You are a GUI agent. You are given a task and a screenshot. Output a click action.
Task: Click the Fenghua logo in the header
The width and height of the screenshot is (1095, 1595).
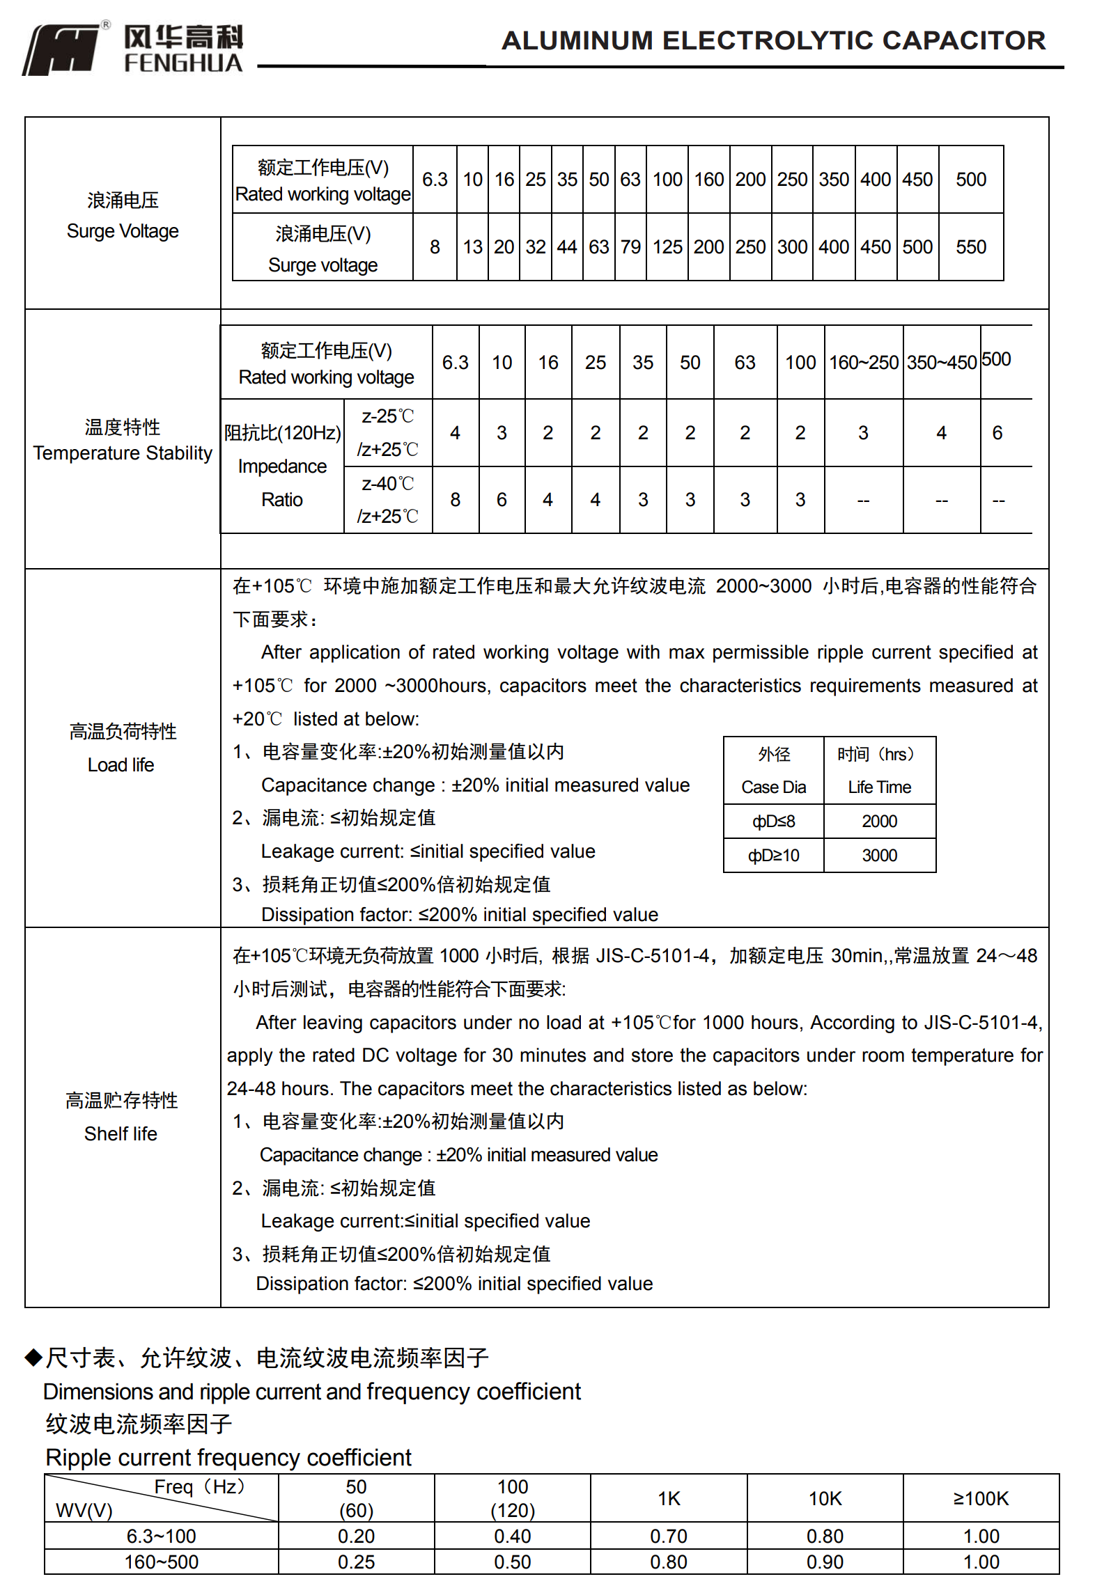tap(132, 49)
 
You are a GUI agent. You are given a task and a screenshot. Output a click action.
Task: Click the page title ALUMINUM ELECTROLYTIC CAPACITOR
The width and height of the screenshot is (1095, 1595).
tap(773, 40)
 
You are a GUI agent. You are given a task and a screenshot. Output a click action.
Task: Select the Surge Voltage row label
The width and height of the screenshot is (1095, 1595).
tap(123, 215)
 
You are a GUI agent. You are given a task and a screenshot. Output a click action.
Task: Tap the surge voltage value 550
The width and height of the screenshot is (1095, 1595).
tap(971, 247)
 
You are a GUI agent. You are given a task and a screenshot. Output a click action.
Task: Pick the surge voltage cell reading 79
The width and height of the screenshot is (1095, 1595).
tap(630, 247)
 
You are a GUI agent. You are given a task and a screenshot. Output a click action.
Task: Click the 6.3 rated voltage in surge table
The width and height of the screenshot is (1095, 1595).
tap(435, 180)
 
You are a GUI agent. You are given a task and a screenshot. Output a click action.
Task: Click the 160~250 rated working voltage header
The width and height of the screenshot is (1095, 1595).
tap(864, 363)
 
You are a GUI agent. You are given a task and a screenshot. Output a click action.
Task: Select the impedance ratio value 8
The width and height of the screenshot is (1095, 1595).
tap(455, 500)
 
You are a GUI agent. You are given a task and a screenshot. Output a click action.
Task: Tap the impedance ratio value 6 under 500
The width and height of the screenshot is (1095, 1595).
tap(997, 433)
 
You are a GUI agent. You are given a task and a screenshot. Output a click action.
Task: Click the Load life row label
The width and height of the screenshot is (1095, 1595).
tap(121, 748)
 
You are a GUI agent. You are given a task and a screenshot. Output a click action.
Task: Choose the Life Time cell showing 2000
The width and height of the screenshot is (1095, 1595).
tap(879, 822)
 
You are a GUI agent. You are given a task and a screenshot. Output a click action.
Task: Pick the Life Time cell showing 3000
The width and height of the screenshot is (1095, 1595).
tap(879, 856)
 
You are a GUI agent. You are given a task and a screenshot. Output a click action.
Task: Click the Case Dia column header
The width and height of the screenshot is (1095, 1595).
tap(773, 771)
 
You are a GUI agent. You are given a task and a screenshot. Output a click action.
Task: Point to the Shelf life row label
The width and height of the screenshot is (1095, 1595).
tap(121, 1117)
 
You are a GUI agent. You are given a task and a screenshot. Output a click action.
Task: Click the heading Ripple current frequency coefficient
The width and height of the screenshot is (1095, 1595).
tap(228, 1458)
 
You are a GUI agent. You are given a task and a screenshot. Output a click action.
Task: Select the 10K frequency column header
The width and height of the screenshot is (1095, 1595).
tap(825, 1498)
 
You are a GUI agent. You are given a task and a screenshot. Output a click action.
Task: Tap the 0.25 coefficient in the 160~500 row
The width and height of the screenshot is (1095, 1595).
tap(356, 1562)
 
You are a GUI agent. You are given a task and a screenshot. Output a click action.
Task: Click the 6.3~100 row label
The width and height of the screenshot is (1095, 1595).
tap(161, 1537)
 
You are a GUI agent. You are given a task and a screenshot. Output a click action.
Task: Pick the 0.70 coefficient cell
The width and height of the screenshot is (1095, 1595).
tap(669, 1537)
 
